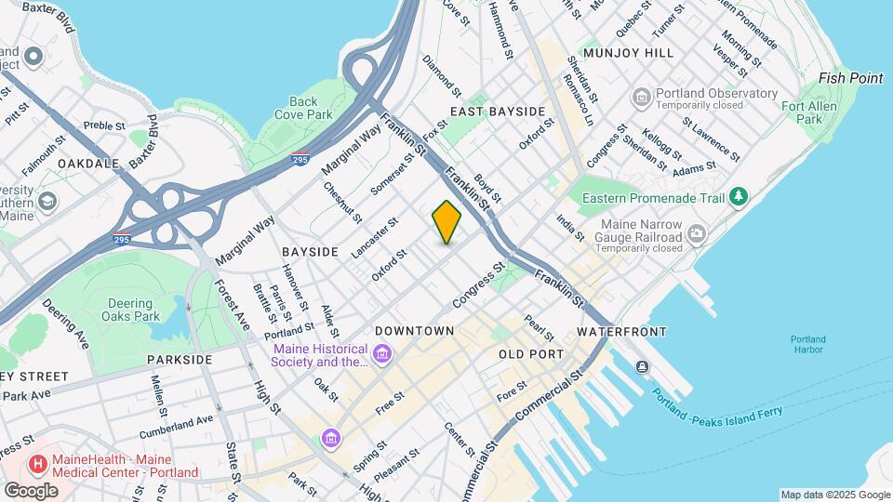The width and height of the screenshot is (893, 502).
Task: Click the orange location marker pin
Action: click(x=446, y=222)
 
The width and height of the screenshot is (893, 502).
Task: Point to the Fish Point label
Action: click(x=850, y=78)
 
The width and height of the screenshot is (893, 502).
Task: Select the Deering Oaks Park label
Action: click(x=129, y=310)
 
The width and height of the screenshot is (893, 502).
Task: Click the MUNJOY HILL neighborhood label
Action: click(x=628, y=53)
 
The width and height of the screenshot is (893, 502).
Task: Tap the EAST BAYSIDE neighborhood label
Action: click(x=497, y=112)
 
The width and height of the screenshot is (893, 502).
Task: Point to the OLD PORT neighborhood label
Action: click(x=531, y=354)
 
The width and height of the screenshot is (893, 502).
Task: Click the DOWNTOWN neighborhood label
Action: click(x=414, y=331)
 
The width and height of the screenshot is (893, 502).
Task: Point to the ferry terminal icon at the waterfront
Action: click(x=642, y=367)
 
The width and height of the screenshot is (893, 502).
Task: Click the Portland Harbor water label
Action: click(x=807, y=344)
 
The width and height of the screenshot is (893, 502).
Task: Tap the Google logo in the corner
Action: click(x=31, y=490)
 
